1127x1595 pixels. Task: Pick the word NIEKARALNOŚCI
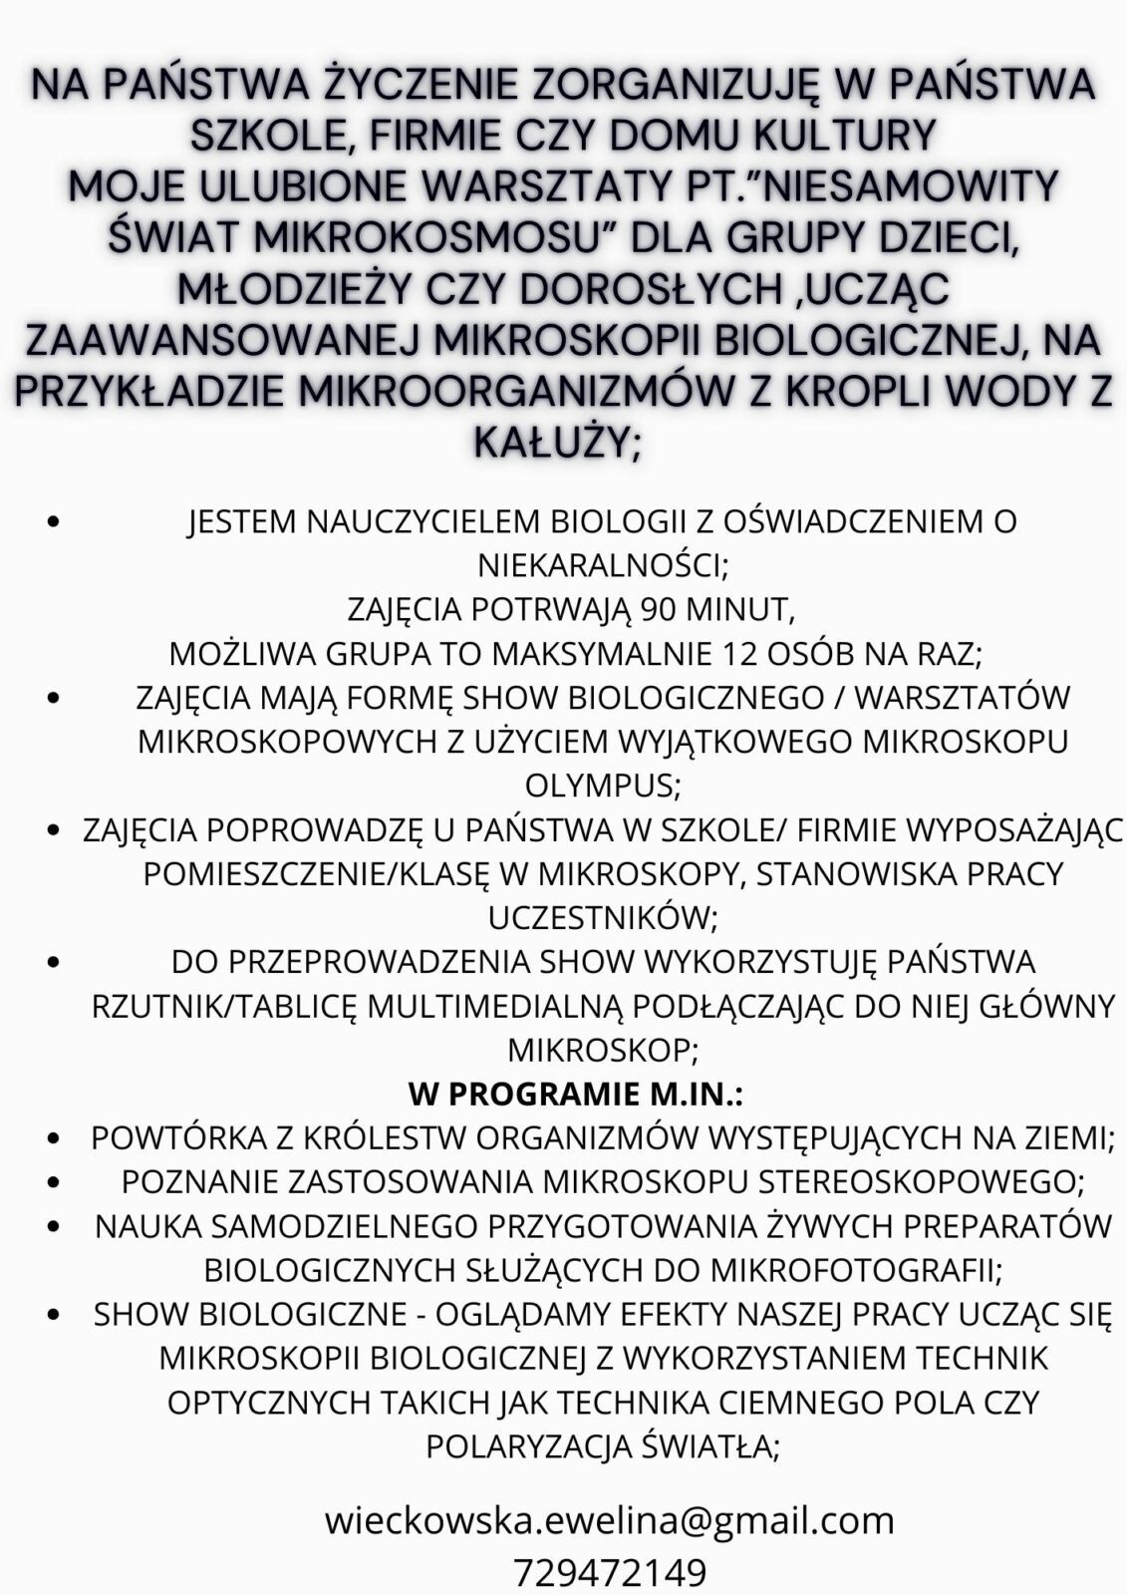click(604, 565)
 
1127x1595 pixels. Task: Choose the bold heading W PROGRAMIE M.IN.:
click(576, 1094)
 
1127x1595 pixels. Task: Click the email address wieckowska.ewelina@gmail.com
click(609, 1521)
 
